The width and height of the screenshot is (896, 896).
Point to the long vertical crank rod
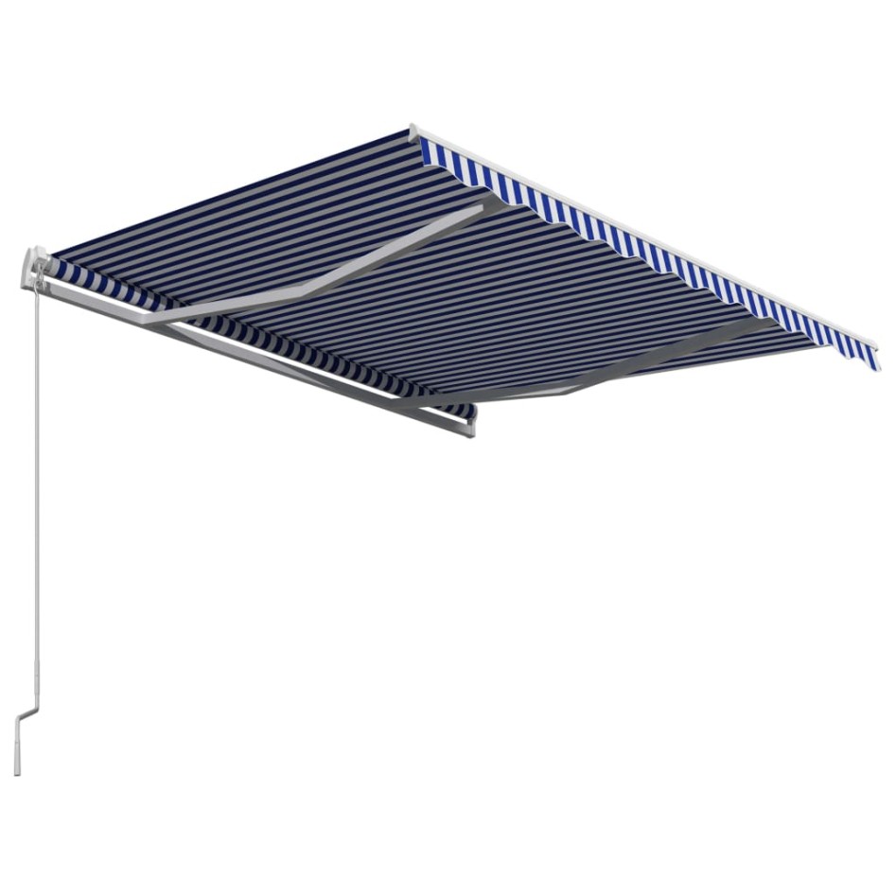[x=37, y=473]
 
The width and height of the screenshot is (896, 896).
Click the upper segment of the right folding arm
[x=662, y=355]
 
